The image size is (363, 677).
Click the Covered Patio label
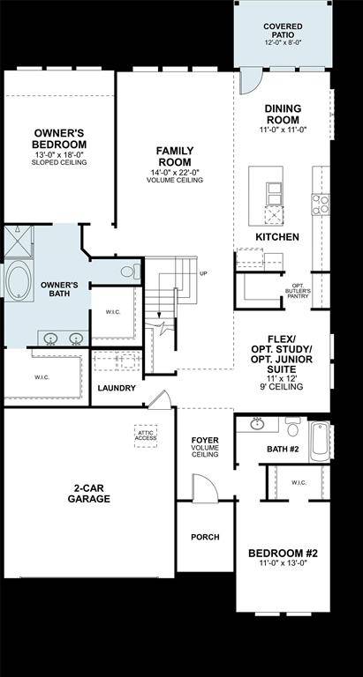(283, 33)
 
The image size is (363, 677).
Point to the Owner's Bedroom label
(59, 144)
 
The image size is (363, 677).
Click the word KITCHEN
(276, 237)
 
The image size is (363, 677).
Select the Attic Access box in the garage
(146, 435)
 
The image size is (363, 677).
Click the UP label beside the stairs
(203, 273)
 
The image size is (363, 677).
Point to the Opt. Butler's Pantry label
(297, 292)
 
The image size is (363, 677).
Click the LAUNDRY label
(117, 388)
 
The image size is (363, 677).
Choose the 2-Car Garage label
(91, 492)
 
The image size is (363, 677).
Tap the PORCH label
(205, 537)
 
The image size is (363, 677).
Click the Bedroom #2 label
(283, 559)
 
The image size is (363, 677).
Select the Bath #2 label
(284, 450)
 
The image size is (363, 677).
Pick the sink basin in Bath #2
(257, 424)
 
